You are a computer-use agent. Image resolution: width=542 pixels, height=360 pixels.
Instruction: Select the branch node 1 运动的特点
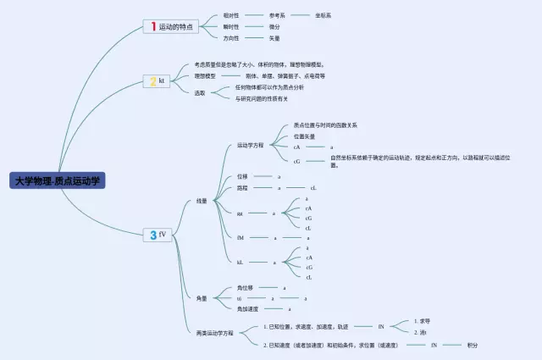point(172,27)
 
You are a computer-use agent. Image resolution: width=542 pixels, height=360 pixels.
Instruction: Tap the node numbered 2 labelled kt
point(158,81)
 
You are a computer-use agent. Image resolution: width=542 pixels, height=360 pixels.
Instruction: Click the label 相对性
point(230,15)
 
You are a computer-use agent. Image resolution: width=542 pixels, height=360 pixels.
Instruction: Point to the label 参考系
point(277,15)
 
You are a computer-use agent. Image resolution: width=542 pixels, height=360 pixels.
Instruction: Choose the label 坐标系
point(324,15)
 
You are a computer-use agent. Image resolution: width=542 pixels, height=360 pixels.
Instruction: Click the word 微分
point(274,26)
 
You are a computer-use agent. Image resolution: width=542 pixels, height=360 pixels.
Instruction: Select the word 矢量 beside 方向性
point(274,38)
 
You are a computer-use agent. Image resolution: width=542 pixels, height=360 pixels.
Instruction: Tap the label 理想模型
point(205,75)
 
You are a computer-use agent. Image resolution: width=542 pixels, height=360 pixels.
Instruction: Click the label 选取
point(200,92)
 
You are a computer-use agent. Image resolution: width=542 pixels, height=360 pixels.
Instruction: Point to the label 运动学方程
point(250,145)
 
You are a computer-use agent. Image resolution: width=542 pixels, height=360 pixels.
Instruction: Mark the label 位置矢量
point(305,136)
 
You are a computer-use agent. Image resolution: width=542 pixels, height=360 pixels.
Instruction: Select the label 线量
point(202,201)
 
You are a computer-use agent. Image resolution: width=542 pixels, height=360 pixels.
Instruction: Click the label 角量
point(202,298)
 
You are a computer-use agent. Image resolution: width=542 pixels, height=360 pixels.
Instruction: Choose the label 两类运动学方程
point(215,333)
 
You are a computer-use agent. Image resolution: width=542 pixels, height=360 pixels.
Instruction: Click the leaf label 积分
point(472,345)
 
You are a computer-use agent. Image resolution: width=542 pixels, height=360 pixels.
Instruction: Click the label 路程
point(243,188)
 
